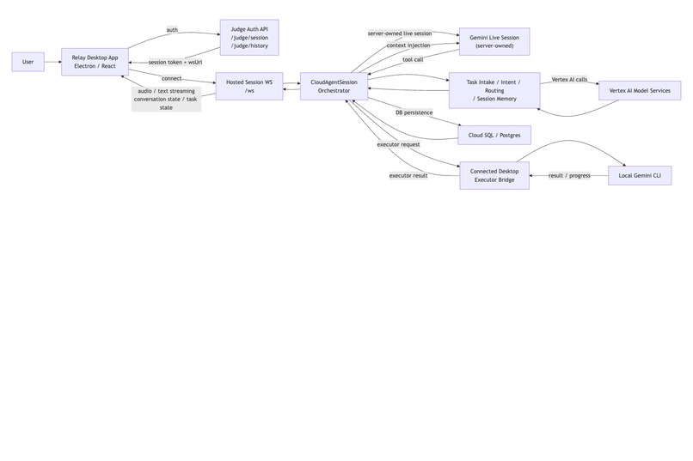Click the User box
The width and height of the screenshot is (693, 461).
[28, 62]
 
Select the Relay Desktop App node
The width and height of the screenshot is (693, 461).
[95, 62]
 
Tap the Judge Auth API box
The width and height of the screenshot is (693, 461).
[250, 37]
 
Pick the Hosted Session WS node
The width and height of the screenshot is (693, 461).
[248, 86]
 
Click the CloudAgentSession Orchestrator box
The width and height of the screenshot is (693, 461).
[334, 86]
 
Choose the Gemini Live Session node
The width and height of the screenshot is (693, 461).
[494, 41]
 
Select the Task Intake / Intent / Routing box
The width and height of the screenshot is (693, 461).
[494, 90]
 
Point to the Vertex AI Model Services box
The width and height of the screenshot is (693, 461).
[640, 90]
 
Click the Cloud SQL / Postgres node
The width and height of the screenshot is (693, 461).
[494, 135]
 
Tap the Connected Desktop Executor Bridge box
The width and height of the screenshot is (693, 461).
[494, 176]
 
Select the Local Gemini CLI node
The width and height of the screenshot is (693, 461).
[639, 176]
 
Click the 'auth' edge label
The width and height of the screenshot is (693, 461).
[172, 30]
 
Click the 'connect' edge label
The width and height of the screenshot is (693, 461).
[171, 79]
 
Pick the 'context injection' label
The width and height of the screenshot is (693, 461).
[408, 45]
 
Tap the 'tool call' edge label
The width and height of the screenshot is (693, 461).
[413, 60]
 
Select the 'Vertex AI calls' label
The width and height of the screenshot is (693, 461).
[569, 79]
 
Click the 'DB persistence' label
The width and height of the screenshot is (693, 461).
[414, 112]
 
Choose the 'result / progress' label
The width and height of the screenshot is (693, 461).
[569, 176]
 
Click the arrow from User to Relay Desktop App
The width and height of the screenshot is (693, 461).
[52, 62]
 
